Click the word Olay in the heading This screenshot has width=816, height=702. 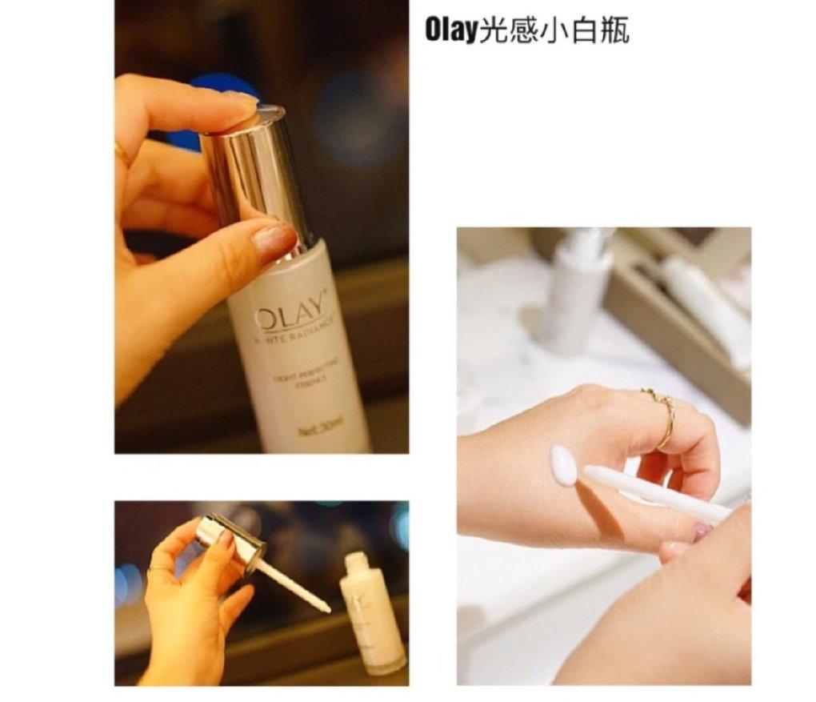click(x=450, y=30)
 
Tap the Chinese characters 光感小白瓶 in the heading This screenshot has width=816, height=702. click(x=552, y=30)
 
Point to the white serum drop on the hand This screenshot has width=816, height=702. click(x=564, y=465)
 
